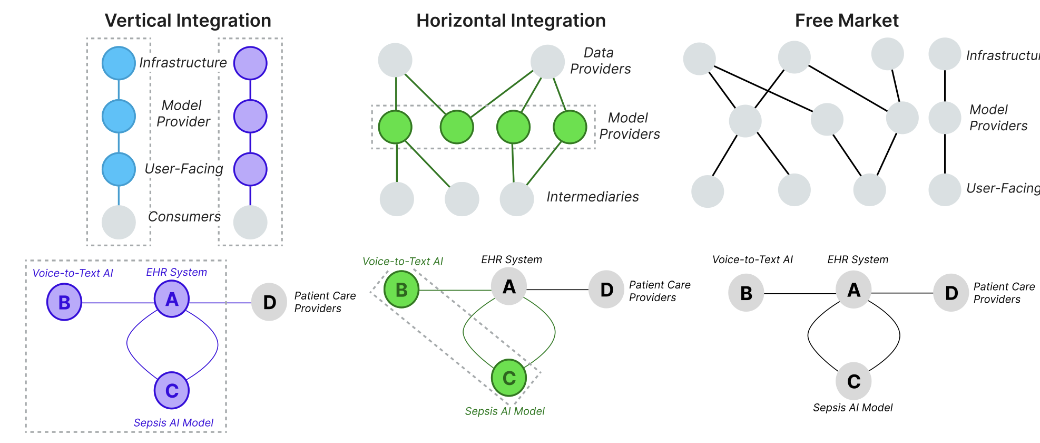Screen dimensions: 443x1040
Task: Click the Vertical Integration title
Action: [188, 21]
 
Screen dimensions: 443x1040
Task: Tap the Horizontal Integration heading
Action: [511, 21]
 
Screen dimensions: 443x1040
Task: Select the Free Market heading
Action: [846, 21]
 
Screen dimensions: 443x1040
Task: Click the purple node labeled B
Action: [64, 302]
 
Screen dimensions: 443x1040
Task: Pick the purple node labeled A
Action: [172, 300]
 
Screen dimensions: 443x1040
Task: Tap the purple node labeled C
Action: [172, 391]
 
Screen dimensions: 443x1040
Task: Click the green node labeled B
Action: [401, 290]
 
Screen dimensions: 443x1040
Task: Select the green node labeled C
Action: [509, 378]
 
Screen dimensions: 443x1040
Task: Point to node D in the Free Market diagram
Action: [951, 293]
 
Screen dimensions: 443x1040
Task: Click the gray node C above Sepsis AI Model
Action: [853, 381]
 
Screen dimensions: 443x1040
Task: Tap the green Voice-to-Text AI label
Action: [403, 262]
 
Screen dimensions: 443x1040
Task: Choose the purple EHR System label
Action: [176, 272]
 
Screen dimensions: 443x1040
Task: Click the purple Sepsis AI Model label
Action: [173, 423]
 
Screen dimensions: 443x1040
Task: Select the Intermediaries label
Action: [592, 197]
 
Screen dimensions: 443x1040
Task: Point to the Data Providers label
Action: [600, 61]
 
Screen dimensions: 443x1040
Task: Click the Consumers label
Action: [184, 217]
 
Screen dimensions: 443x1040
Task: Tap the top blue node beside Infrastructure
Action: [119, 63]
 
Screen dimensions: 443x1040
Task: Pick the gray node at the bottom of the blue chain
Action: [119, 222]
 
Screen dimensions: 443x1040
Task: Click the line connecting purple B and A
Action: [118, 303]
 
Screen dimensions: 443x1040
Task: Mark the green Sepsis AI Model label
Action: [505, 411]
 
